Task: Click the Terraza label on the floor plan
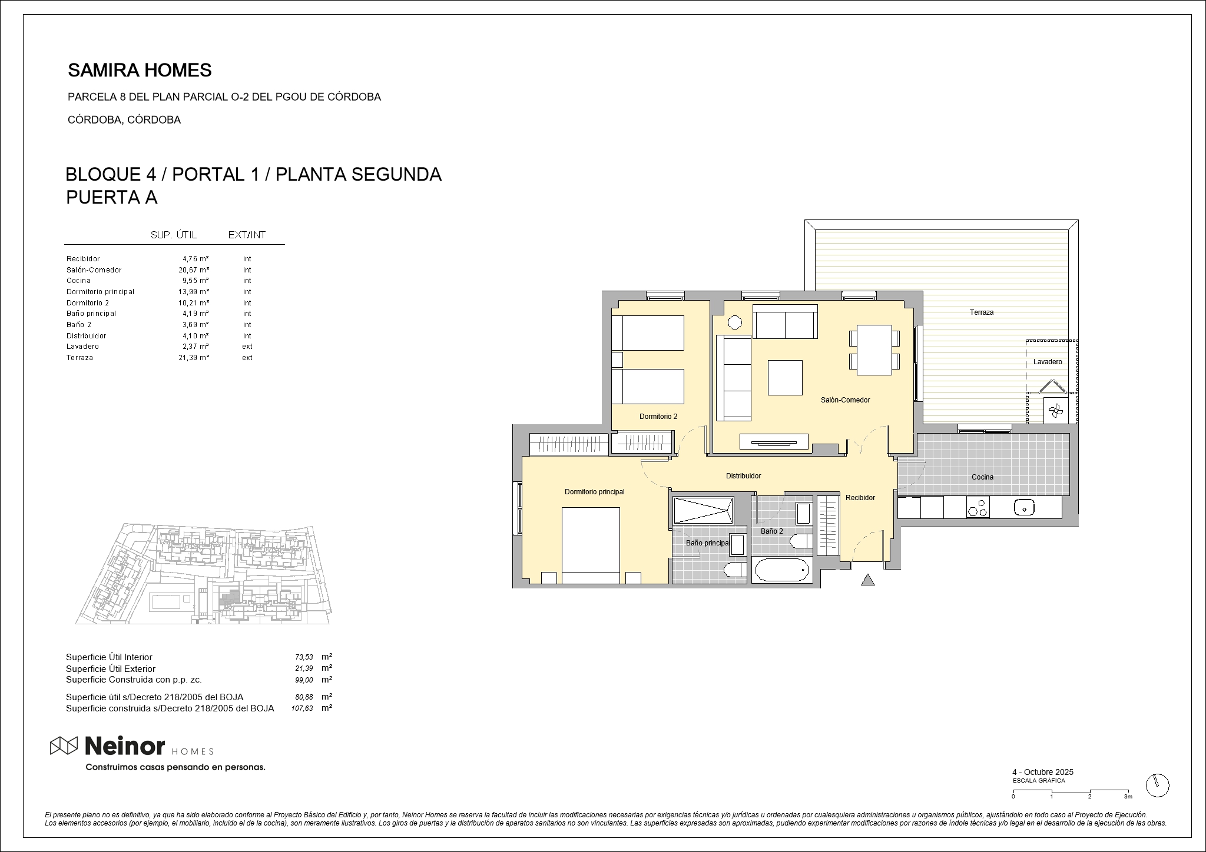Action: (982, 312)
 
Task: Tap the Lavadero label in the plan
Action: (1048, 362)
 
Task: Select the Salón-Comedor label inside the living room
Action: (845, 400)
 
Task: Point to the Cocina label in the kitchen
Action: (982, 477)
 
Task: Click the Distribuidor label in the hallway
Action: (743, 476)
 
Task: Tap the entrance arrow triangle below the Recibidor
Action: (867, 580)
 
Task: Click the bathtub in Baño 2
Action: (781, 571)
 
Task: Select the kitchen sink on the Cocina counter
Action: (1025, 508)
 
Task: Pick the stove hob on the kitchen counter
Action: (978, 507)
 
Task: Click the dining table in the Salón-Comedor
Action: (874, 350)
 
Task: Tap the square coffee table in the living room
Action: (785, 378)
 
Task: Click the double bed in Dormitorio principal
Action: (591, 545)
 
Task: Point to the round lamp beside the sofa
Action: (734, 322)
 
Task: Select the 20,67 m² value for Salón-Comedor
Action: (194, 270)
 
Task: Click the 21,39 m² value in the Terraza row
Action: (194, 358)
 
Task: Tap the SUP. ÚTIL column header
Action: (174, 235)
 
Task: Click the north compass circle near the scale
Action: (1158, 786)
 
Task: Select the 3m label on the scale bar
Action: (1128, 797)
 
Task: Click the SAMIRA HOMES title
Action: (140, 71)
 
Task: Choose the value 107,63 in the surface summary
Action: (302, 709)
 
